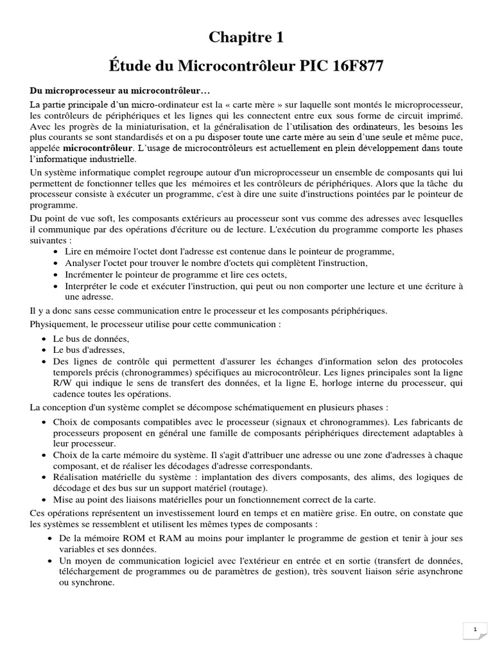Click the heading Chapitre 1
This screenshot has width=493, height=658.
[246, 38]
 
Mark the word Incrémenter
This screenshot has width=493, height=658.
[90, 274]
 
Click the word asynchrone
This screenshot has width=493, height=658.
[435, 572]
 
